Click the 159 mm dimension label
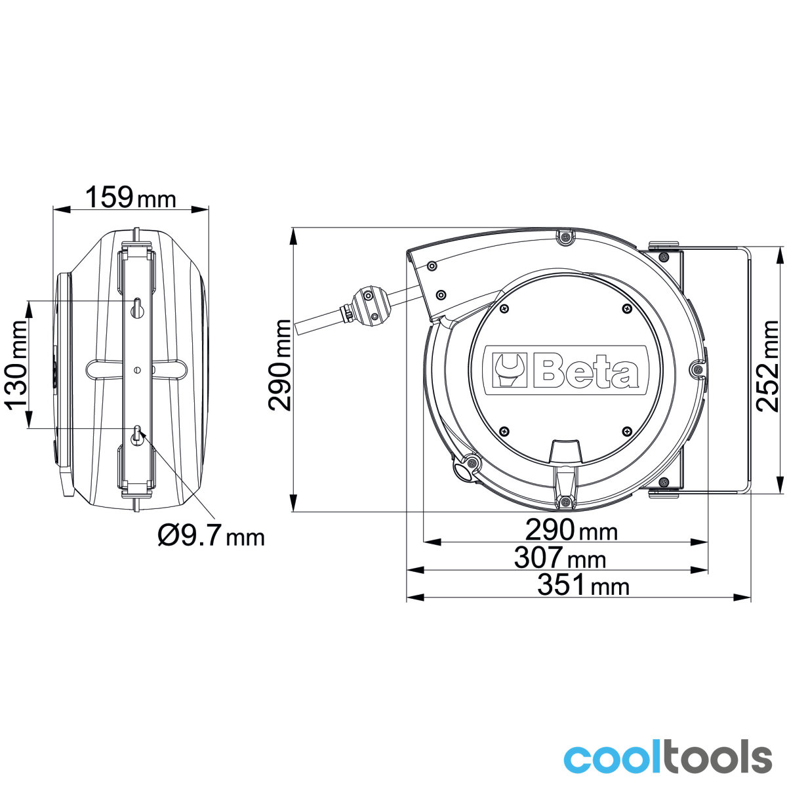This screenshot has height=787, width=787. pyautogui.click(x=131, y=197)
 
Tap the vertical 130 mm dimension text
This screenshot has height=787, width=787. pyautogui.click(x=16, y=365)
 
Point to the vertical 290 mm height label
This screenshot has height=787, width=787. pyautogui.click(x=279, y=365)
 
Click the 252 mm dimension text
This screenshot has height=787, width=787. pyautogui.click(x=767, y=365)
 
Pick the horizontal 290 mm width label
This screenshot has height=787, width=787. pyautogui.click(x=571, y=530)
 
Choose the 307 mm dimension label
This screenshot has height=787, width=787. pyautogui.click(x=559, y=558)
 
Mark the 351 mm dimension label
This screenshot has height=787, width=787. pyautogui.click(x=583, y=585)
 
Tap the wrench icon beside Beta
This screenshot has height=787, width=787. pyautogui.click(x=508, y=370)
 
